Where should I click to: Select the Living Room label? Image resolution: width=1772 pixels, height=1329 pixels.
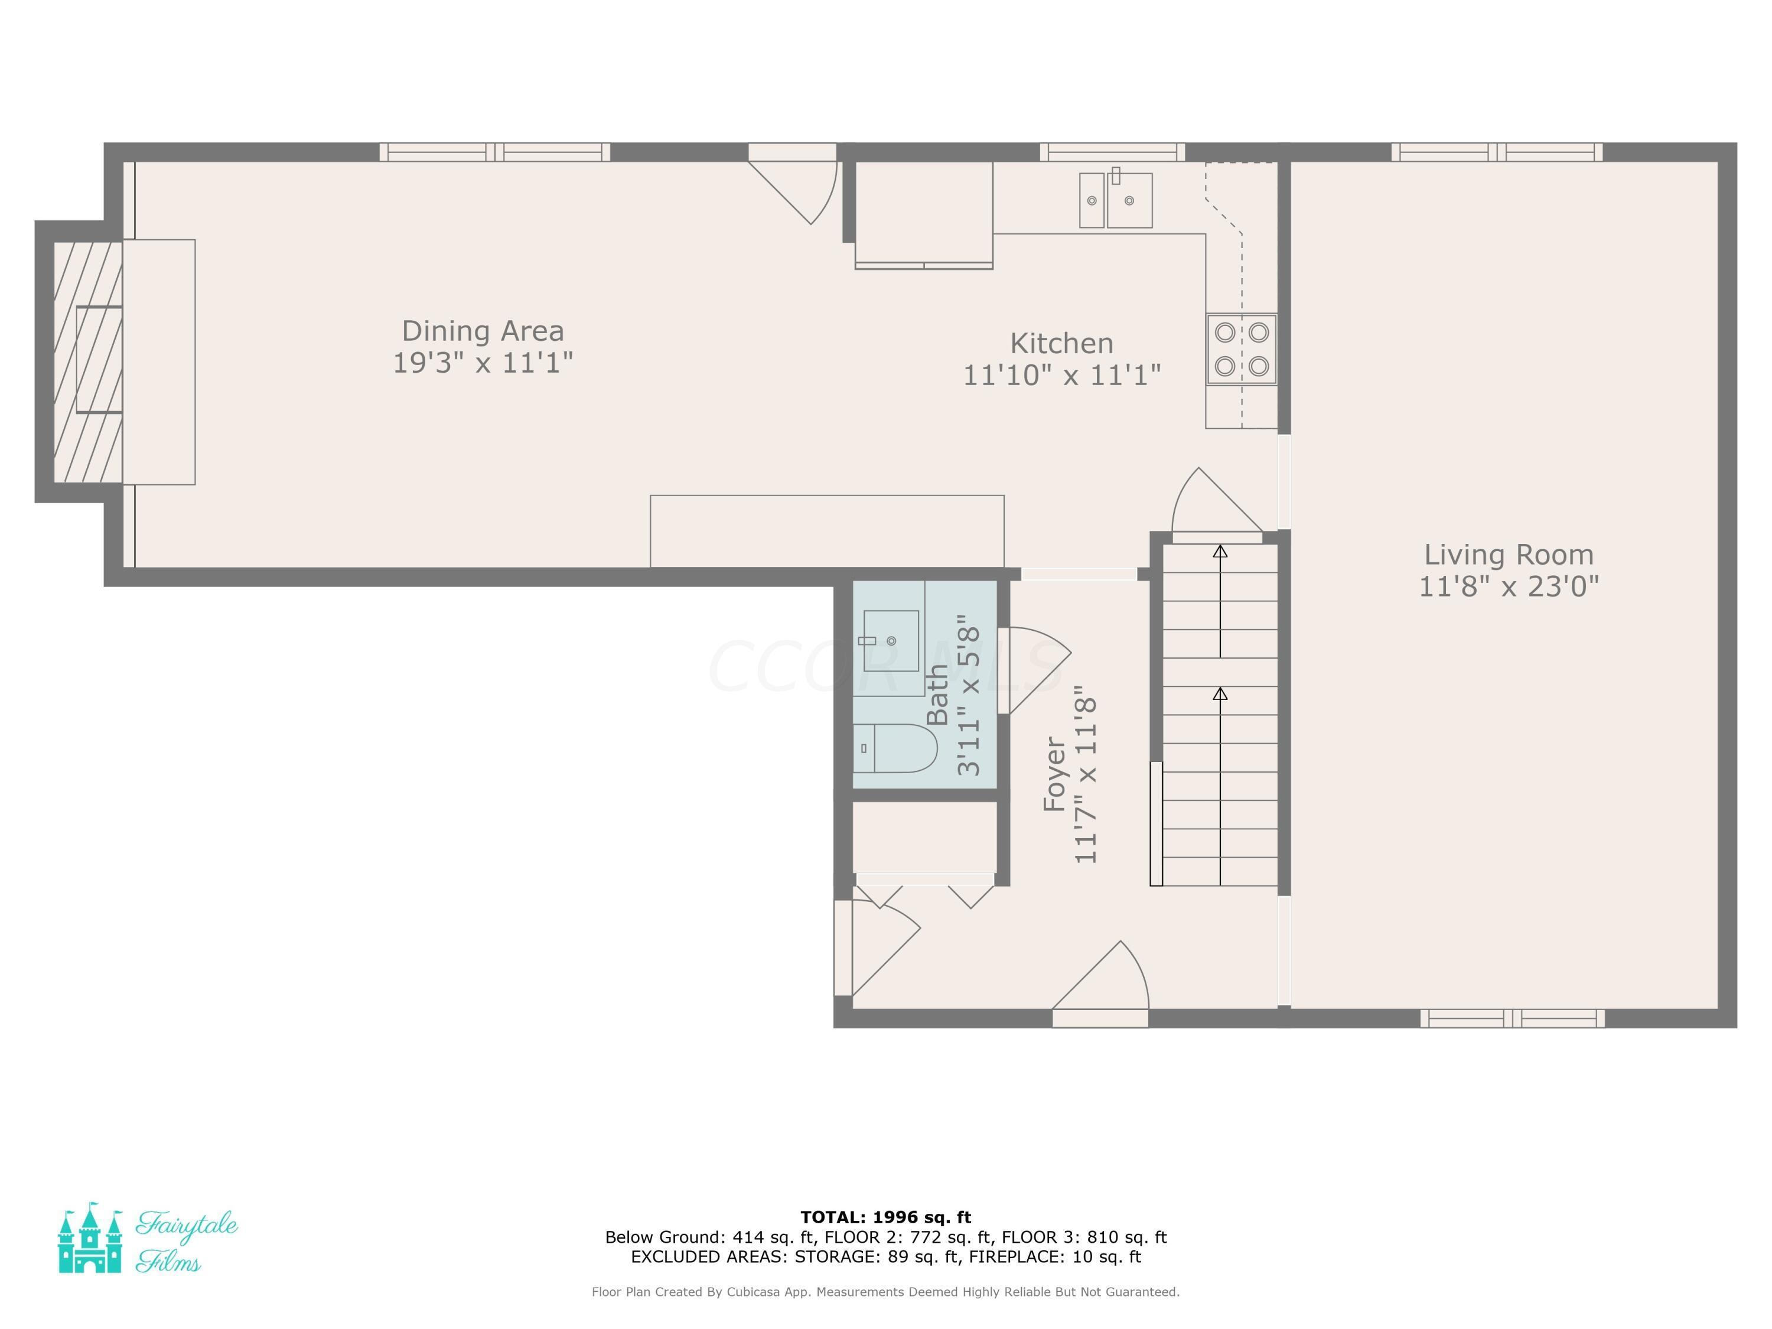[x=1509, y=555]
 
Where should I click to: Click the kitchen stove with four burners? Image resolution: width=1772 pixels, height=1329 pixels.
[x=1241, y=349]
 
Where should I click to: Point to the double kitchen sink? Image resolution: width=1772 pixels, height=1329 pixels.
[x=1115, y=200]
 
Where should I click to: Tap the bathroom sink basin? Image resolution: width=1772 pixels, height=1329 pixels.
[x=890, y=640]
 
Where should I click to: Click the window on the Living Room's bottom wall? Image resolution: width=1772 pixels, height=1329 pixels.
[x=1513, y=1018]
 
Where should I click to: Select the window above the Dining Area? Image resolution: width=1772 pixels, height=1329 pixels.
[x=494, y=152]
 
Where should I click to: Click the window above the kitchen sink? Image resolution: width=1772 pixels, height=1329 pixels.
[x=1112, y=152]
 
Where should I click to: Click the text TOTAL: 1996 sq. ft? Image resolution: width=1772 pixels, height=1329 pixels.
[x=885, y=1217]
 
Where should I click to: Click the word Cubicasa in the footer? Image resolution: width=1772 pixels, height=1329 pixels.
[x=755, y=1291]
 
